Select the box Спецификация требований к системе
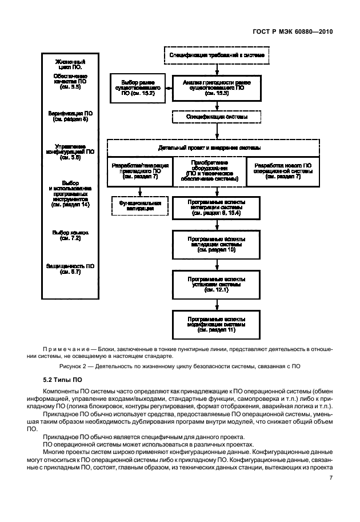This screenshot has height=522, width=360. pos(217,55)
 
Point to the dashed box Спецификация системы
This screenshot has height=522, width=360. pos(217,117)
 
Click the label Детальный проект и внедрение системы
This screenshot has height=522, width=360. pos(217,148)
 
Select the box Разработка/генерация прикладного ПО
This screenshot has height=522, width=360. pos(139,170)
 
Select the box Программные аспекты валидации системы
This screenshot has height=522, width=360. pos(217,242)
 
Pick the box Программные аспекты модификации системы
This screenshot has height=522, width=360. pos(217,323)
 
